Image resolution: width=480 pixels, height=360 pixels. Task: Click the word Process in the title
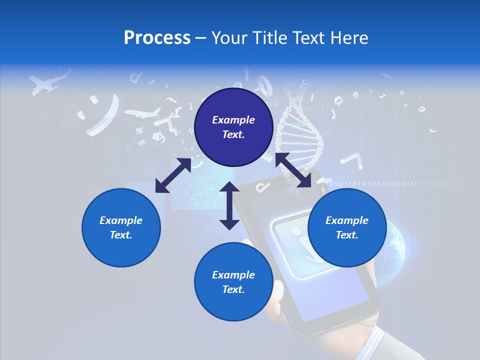click(x=157, y=38)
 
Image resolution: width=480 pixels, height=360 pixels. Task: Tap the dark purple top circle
click(x=233, y=127)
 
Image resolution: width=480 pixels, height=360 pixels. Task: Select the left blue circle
click(x=121, y=227)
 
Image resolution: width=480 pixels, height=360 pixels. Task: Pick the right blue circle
click(x=347, y=227)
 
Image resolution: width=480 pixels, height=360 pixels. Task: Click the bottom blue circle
click(x=233, y=282)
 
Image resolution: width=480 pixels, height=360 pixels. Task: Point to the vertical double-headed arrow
click(x=229, y=205)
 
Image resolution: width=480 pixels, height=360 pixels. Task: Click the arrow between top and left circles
click(x=173, y=175)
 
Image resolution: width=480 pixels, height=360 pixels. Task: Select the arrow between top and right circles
click(x=293, y=170)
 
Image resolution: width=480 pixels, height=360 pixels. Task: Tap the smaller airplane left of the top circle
click(x=142, y=113)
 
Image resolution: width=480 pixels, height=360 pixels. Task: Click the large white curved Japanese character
click(x=105, y=115)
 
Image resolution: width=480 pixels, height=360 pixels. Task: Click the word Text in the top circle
click(x=233, y=135)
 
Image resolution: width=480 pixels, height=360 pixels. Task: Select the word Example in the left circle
click(x=121, y=220)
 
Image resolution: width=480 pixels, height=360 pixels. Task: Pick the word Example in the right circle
click(x=347, y=220)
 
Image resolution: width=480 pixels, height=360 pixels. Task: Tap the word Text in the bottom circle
click(x=233, y=289)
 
